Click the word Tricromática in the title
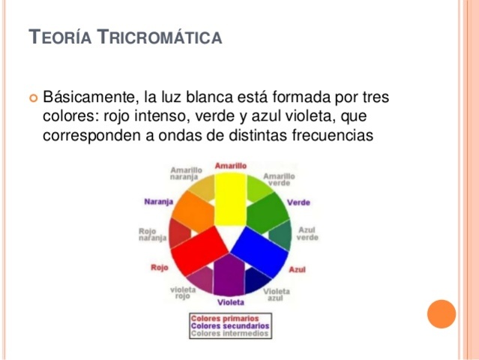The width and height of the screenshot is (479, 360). (x=160, y=36)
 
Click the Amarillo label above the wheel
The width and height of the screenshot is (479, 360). (x=231, y=165)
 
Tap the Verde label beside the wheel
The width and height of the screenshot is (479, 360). (x=298, y=202)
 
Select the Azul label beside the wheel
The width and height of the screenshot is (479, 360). (x=298, y=269)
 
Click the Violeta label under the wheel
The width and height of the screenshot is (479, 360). (x=230, y=302)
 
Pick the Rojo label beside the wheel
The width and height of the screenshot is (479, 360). (x=159, y=268)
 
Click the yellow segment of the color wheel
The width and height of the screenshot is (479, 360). (x=230, y=198)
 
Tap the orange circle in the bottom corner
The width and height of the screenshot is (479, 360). (x=442, y=313)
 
